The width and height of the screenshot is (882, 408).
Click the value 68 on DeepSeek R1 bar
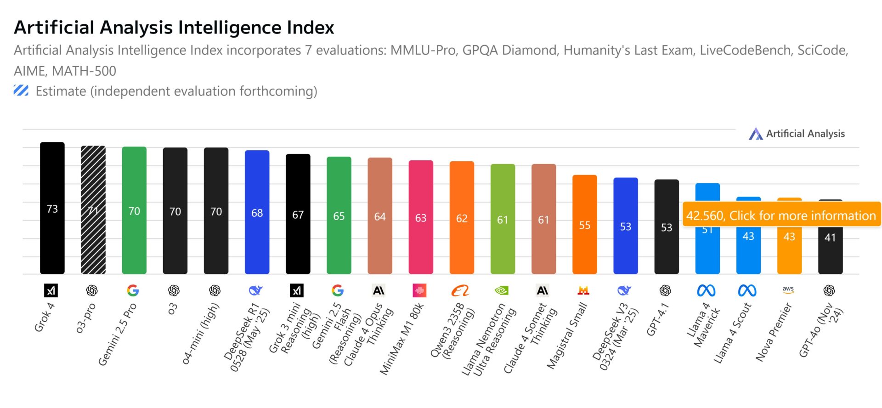(x=257, y=213)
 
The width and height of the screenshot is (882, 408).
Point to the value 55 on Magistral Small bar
(x=584, y=226)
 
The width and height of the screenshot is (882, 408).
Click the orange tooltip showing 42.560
(x=781, y=215)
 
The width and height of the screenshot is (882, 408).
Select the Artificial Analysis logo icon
(x=756, y=134)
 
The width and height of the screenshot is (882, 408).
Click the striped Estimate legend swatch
(x=21, y=91)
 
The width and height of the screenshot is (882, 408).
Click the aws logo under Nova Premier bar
(x=788, y=290)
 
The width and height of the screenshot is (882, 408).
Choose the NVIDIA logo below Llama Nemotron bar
(x=502, y=290)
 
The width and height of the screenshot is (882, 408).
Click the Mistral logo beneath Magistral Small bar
(x=583, y=290)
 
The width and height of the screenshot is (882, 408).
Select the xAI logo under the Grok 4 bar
(x=51, y=290)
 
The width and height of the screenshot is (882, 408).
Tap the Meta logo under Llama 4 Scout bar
(x=747, y=290)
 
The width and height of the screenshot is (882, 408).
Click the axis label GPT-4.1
(x=658, y=319)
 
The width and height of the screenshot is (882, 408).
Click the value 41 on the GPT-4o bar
(x=830, y=238)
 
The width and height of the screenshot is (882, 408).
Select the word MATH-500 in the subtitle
(x=84, y=71)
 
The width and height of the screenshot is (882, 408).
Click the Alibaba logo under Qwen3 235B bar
(x=460, y=290)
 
